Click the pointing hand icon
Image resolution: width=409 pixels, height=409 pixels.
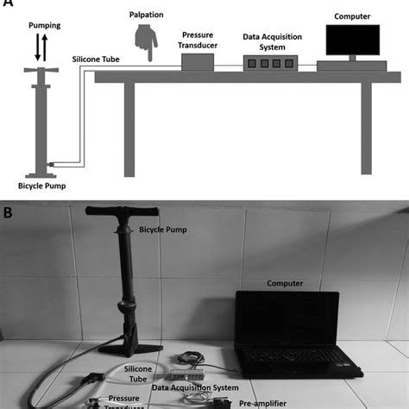[x=146, y=41]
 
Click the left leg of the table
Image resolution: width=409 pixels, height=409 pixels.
[x=129, y=129]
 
